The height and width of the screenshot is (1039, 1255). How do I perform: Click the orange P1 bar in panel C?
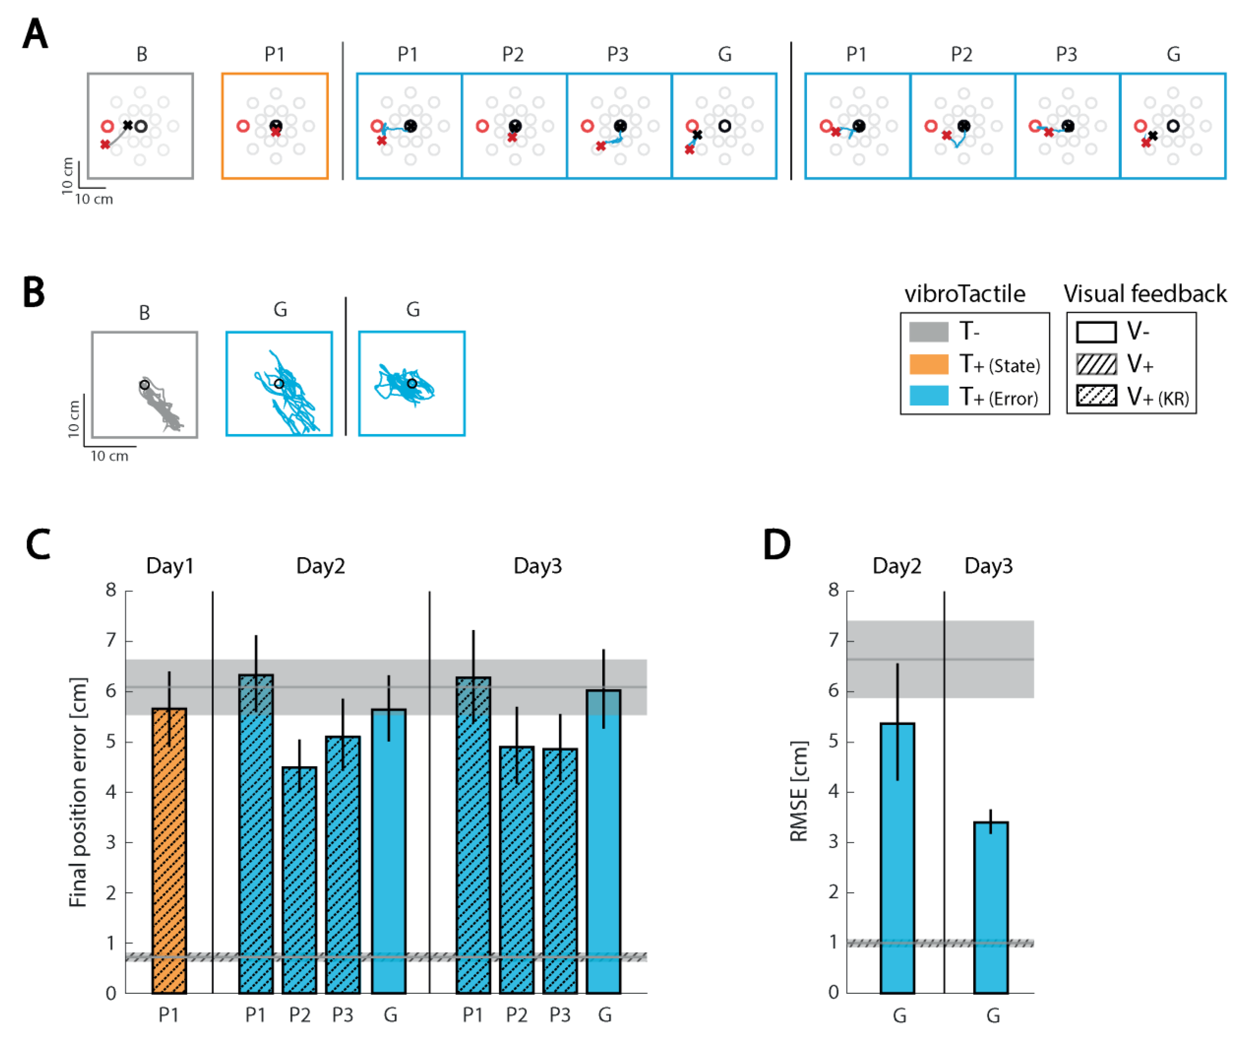(169, 849)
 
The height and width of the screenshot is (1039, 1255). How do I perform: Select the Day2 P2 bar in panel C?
(299, 879)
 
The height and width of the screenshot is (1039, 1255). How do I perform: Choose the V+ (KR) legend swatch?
(1096, 396)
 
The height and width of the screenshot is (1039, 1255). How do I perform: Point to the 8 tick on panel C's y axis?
(111, 590)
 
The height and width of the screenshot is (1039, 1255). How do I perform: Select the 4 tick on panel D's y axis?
(833, 792)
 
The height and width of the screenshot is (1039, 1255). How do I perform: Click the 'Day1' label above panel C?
(170, 566)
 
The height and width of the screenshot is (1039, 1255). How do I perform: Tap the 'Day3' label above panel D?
(988, 566)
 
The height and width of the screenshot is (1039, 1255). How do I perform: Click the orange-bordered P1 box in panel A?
(275, 126)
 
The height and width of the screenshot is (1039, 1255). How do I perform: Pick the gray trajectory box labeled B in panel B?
(145, 384)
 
